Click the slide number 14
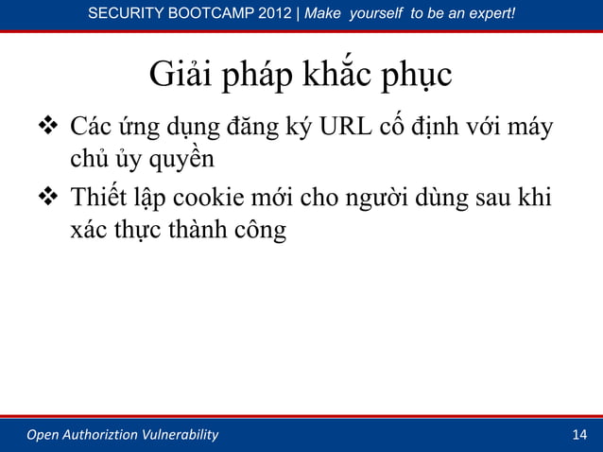pyautogui.click(x=579, y=435)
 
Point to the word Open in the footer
pyautogui.click(x=43, y=435)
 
